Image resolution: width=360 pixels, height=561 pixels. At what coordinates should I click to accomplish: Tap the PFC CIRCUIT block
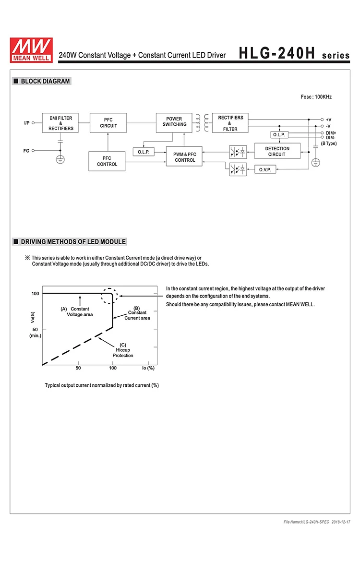108,123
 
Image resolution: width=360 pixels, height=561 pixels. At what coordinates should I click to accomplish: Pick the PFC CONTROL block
107,161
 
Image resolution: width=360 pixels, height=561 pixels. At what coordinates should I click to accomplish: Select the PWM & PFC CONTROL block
185,157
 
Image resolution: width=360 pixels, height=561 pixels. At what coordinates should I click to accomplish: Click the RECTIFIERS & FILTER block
230,123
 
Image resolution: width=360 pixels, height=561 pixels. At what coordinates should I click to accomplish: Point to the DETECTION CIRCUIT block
277,151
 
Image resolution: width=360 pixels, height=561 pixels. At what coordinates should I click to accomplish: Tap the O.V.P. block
265,169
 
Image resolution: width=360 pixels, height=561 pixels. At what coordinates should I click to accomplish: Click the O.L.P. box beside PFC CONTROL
143,152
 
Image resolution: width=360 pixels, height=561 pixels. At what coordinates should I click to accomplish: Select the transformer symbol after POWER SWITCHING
202,123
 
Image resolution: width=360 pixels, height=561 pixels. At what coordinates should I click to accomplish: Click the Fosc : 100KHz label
316,97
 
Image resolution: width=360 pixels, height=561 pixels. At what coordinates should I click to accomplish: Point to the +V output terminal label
329,119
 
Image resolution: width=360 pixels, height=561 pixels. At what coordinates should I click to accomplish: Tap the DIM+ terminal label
331,133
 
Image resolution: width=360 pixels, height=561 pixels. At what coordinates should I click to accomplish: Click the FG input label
26,151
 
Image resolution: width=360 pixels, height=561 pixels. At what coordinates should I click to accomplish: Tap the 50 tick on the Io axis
78,368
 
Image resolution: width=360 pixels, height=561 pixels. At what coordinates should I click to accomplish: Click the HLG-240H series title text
295,54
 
